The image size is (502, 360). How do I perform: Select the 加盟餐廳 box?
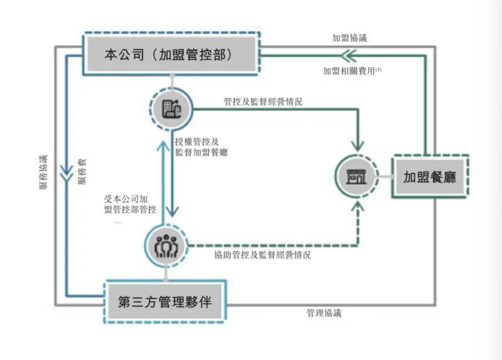[429, 177]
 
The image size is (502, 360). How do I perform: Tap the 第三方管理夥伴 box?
[165, 301]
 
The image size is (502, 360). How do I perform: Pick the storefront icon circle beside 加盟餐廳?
[357, 176]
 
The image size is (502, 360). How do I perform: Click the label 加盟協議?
[349, 38]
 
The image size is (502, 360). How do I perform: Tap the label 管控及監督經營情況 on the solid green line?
[263, 101]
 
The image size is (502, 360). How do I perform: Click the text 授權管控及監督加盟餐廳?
[201, 147]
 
